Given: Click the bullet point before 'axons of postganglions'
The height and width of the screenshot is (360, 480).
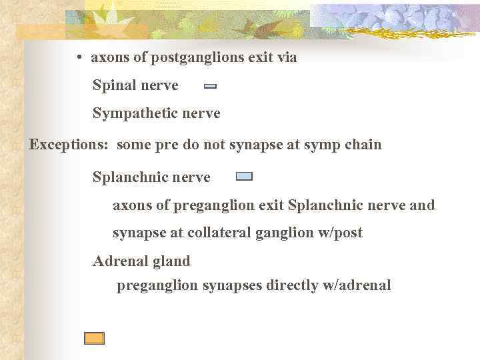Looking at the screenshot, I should click(79, 58).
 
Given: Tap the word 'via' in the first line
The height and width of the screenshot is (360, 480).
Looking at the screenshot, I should click(287, 57).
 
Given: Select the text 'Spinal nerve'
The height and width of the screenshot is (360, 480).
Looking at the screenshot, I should click(135, 85).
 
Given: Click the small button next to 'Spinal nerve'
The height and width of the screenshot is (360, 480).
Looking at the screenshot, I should click(210, 86).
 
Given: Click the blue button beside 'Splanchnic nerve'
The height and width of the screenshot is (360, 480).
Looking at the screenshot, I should click(244, 177).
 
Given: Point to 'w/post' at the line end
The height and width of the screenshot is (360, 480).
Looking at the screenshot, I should click(341, 233).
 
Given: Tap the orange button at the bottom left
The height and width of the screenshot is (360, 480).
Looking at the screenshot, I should click(94, 338).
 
